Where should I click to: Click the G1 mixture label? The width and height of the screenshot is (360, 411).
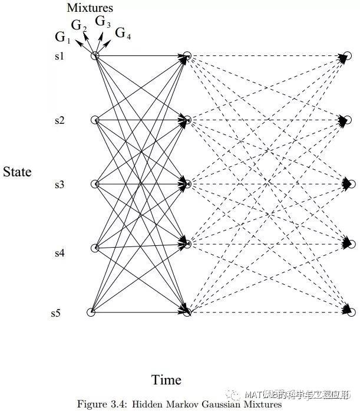pyautogui.click(x=62, y=38)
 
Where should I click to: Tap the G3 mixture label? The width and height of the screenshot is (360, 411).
pyautogui.click(x=103, y=22)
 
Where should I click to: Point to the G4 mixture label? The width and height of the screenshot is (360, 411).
pyautogui.click(x=123, y=33)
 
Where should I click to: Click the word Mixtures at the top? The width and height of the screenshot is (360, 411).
pyautogui.click(x=90, y=8)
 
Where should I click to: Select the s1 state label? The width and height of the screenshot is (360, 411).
pyautogui.click(x=59, y=57)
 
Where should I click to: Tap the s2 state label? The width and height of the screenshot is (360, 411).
pyautogui.click(x=59, y=120)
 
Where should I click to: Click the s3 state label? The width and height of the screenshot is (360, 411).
pyautogui.click(x=59, y=185)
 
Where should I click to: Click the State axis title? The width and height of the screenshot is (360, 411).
pyautogui.click(x=17, y=172)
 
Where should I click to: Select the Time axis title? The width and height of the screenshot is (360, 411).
pyautogui.click(x=166, y=380)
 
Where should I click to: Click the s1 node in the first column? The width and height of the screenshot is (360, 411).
pyautogui.click(x=95, y=55)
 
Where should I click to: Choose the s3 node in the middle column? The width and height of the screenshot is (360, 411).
pyautogui.click(x=187, y=185)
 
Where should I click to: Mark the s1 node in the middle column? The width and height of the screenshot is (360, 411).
pyautogui.click(x=187, y=56)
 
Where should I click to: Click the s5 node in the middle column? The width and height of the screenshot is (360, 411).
pyautogui.click(x=187, y=313)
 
